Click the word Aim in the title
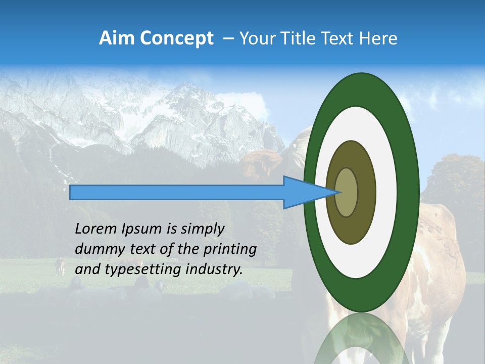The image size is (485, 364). (x=116, y=38)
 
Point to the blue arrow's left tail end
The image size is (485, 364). (x=72, y=193)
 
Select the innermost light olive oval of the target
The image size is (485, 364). (x=347, y=193)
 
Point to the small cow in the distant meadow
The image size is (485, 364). (x=61, y=266)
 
